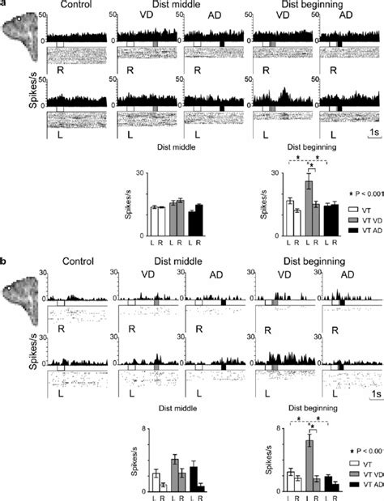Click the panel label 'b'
pyautogui.click(x=4, y=263)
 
